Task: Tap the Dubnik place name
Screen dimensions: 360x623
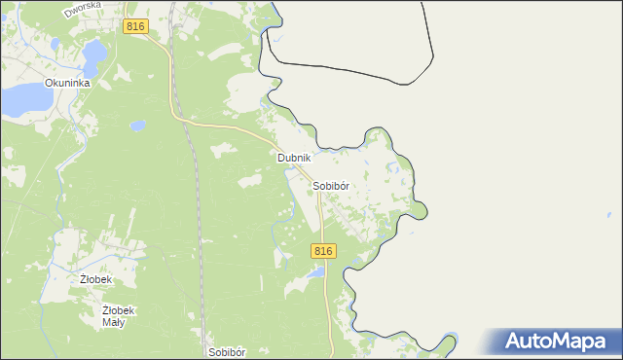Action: pos(293,158)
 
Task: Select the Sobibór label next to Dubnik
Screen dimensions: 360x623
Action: pos(331,185)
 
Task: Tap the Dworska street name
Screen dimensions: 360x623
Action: pos(83,10)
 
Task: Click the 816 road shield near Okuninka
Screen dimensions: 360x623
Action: pos(135,27)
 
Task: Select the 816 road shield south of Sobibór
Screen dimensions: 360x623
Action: pos(324,251)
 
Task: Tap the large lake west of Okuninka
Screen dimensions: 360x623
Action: pos(24,97)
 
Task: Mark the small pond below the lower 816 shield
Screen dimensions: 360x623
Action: pos(314,274)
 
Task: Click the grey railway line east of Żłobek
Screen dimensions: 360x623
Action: pos(199,243)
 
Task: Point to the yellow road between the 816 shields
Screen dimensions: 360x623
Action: pos(234,126)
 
